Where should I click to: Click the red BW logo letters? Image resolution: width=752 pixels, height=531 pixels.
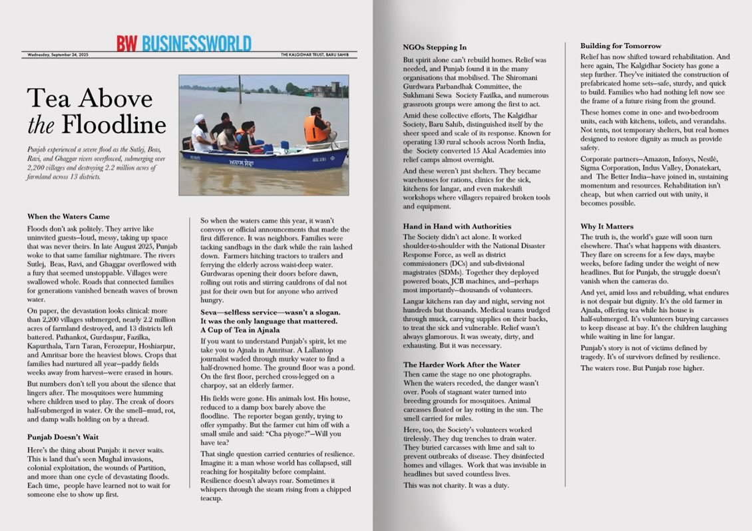click(127, 43)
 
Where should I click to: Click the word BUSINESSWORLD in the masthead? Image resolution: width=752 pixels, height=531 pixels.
click(196, 43)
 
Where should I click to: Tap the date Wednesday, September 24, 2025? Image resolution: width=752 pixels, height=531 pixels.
click(58, 55)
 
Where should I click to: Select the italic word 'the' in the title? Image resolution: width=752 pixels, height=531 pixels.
click(39, 124)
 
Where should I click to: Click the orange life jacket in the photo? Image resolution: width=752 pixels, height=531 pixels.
click(315, 128)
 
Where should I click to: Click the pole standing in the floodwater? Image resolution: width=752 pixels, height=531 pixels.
click(240, 88)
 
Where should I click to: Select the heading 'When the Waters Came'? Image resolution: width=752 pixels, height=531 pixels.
click(69, 216)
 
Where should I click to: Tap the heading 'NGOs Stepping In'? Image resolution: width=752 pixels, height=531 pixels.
click(435, 48)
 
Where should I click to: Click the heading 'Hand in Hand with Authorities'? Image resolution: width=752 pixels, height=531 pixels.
click(457, 226)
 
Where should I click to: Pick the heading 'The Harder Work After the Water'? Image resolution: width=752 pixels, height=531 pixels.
click(461, 365)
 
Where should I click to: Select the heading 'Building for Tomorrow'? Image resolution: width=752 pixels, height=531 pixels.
click(621, 46)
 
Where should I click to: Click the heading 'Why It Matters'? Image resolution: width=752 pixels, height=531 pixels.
click(607, 226)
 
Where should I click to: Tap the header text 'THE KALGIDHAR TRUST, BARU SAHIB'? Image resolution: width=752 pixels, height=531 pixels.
click(318, 55)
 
